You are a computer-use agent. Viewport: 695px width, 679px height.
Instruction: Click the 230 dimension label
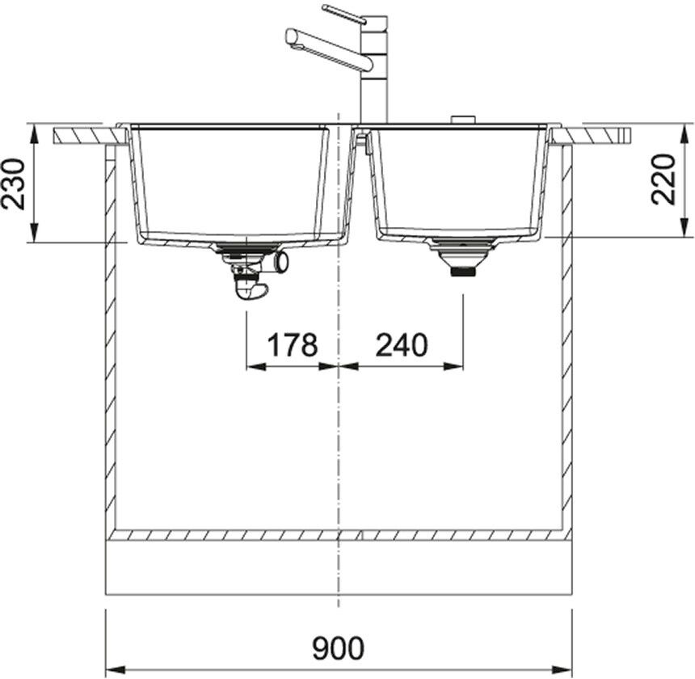13,183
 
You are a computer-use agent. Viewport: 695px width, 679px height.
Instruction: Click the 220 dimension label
663,179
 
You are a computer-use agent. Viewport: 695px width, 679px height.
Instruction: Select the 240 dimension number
402,345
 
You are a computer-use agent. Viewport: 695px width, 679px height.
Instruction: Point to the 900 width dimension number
338,648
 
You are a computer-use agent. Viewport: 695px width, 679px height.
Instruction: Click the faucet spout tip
290,37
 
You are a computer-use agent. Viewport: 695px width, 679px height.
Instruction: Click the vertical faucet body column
374,70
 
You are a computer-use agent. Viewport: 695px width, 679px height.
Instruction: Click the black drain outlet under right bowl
462,272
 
